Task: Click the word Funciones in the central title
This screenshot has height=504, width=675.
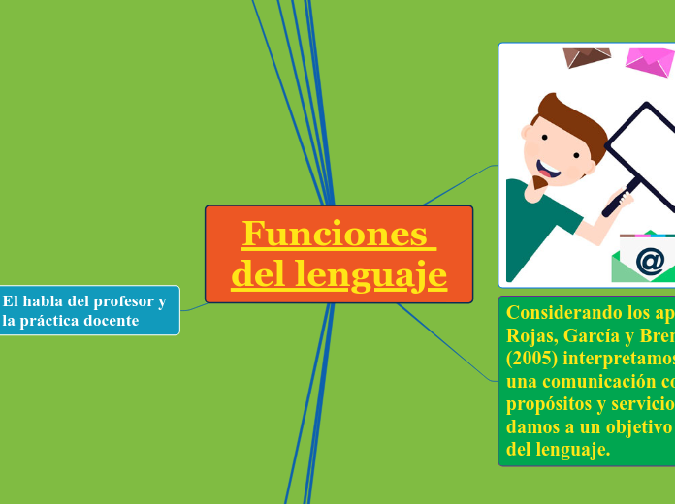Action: [334, 235]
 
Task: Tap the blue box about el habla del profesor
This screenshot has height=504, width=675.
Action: [89, 310]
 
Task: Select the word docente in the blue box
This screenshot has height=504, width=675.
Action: [109, 321]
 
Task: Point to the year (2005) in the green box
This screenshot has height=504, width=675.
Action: [530, 359]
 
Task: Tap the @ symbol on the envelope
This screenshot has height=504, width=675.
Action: [650, 260]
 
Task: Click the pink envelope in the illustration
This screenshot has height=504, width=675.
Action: [649, 62]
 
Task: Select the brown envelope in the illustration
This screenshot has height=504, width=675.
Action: [587, 57]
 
